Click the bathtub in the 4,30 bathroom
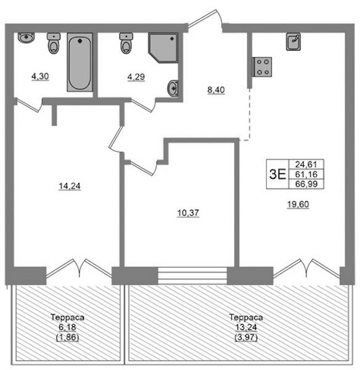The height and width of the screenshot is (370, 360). pyautogui.click(x=80, y=62)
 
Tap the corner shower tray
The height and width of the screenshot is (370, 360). pyautogui.click(x=163, y=48)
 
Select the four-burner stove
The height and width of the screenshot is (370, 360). pyautogui.click(x=262, y=67)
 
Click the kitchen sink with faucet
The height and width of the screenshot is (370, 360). pyautogui.click(x=293, y=42)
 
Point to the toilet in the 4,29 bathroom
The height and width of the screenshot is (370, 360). pyautogui.click(x=126, y=43)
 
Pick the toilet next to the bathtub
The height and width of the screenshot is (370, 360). pyautogui.click(x=54, y=43)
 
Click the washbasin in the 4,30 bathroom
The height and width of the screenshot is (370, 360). pyautogui.click(x=26, y=38)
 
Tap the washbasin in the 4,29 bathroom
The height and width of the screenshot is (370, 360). pyautogui.click(x=173, y=88)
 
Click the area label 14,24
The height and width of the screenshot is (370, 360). pyautogui.click(x=70, y=186)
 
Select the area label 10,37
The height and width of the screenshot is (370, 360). pyautogui.click(x=188, y=213)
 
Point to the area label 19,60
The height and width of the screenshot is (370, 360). pyautogui.click(x=298, y=204)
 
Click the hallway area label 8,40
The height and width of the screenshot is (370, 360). pyautogui.click(x=216, y=90)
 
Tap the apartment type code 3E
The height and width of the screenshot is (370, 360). pyautogui.click(x=277, y=174)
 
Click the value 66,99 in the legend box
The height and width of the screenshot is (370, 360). pyautogui.click(x=306, y=184)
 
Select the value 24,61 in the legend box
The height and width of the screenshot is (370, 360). pyautogui.click(x=306, y=164)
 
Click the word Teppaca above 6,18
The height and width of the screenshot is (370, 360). pyautogui.click(x=67, y=318)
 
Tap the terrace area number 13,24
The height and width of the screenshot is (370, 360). pyautogui.click(x=246, y=327)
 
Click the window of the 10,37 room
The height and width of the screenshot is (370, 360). pyautogui.click(x=192, y=276)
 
